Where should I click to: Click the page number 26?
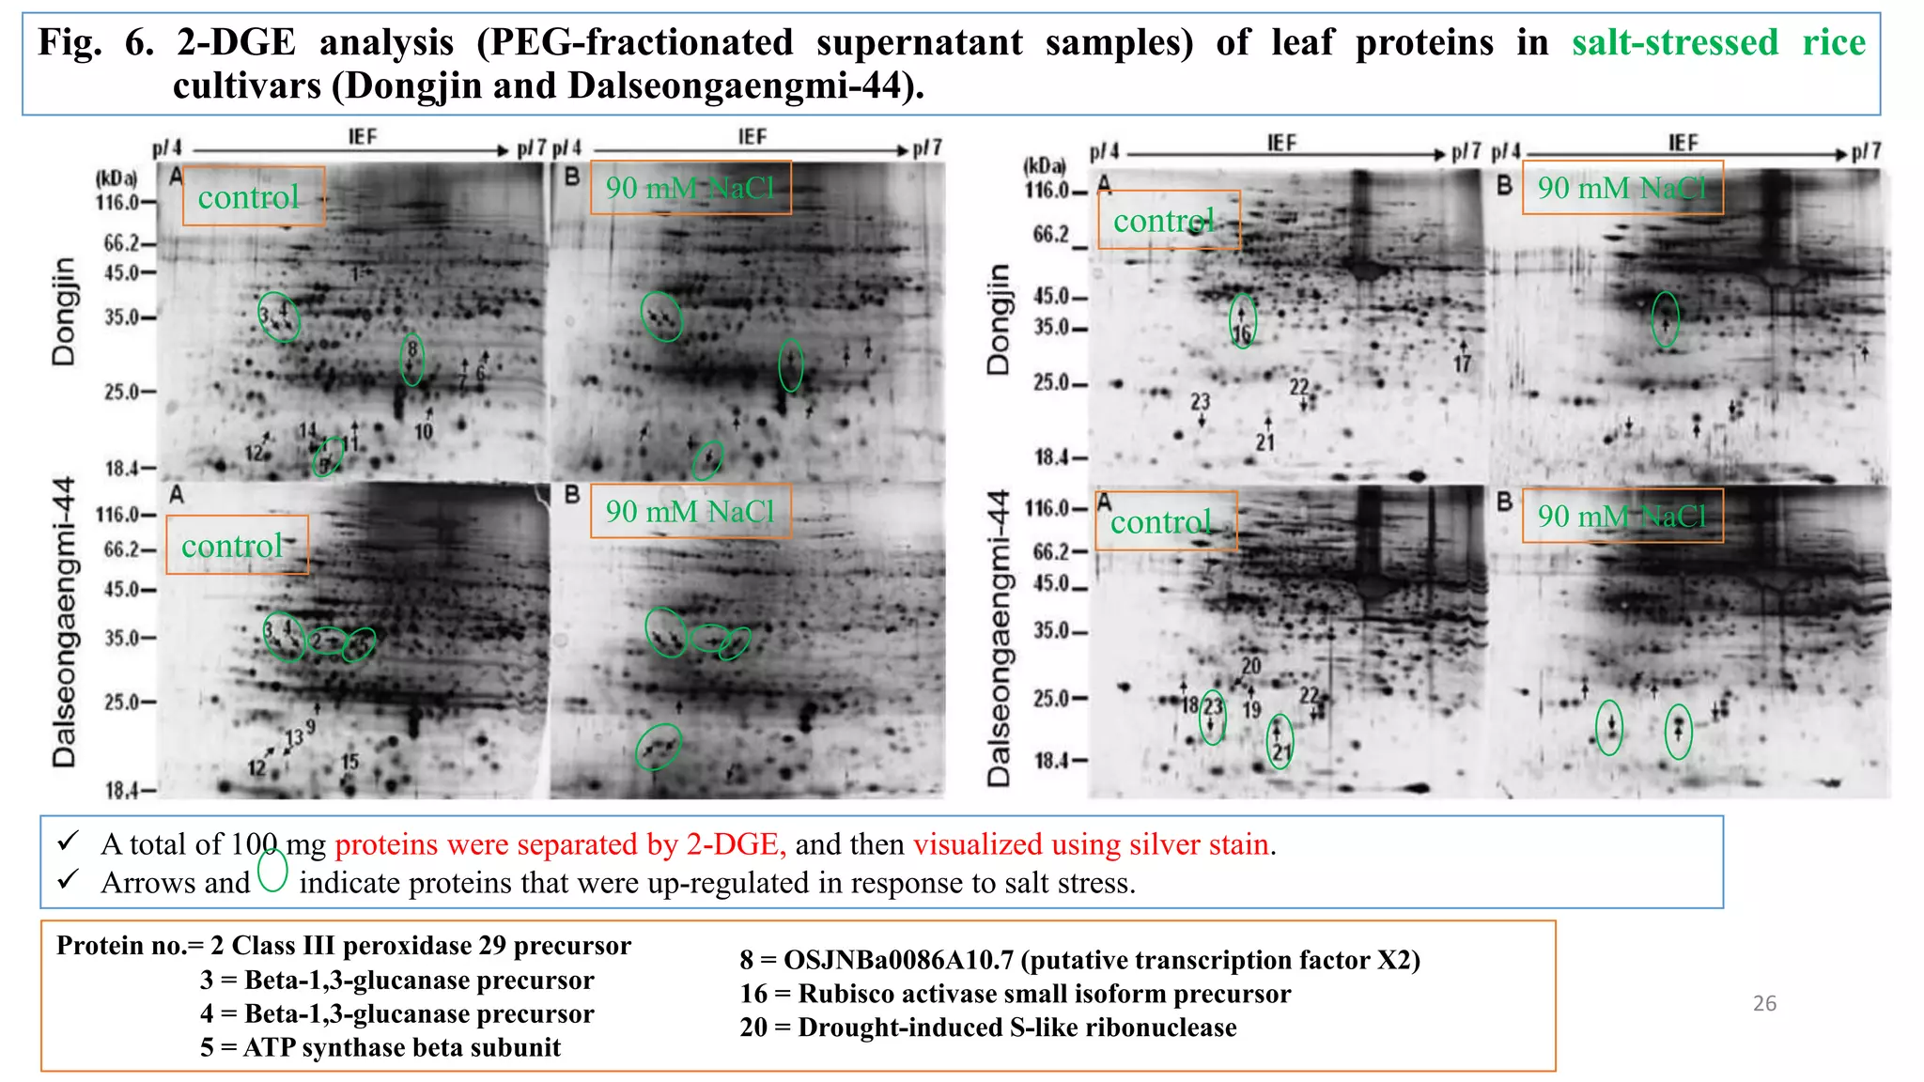[1764, 1003]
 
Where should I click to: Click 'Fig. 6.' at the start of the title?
[95, 43]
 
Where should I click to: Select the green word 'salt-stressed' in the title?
[1675, 43]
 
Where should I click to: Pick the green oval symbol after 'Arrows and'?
[272, 870]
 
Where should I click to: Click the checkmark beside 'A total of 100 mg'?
[68, 842]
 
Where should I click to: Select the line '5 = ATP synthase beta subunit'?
[380, 1047]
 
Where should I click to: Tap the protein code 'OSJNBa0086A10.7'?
[898, 960]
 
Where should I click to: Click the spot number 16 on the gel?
[1242, 334]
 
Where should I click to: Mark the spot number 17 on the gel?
[1462, 363]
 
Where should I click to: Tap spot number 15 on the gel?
[349, 762]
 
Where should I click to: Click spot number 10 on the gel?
[424, 432]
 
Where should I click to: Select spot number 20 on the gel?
[1251, 666]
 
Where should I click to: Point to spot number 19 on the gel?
[1251, 710]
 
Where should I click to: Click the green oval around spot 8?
[411, 359]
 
